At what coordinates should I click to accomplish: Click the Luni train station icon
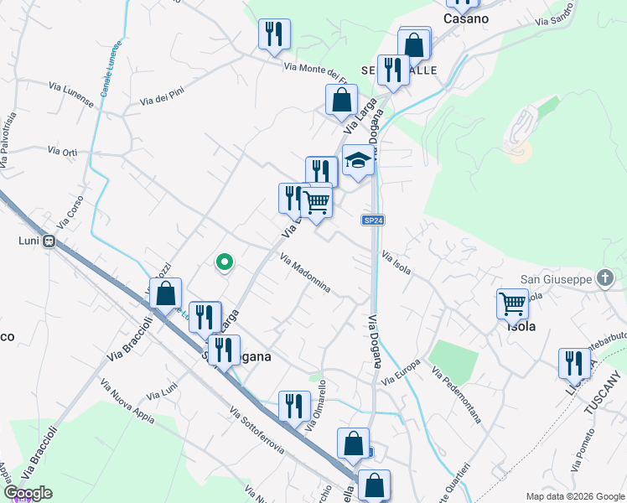coord(49,241)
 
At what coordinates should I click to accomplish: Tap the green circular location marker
coord(224,262)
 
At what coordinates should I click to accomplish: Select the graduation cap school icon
coord(358,160)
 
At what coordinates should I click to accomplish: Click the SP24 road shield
coord(373,220)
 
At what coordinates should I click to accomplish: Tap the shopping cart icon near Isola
coord(512,303)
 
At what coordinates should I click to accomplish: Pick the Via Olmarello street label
coord(316,407)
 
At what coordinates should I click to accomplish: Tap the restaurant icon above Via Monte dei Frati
coord(273,34)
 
